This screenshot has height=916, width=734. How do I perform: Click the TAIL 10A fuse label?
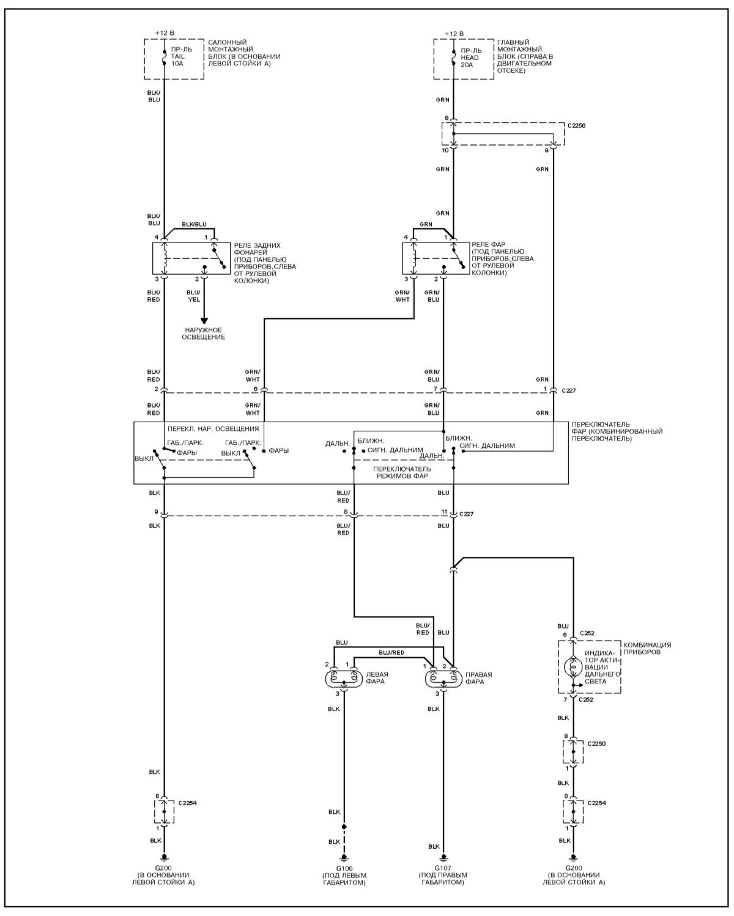[x=177, y=56]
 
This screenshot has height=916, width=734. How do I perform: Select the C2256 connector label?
[x=577, y=125]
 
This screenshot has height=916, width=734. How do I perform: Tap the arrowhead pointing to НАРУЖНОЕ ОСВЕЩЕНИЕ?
[x=204, y=320]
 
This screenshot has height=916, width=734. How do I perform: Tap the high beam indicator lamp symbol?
[x=573, y=668]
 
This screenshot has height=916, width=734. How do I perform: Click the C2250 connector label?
[x=596, y=743]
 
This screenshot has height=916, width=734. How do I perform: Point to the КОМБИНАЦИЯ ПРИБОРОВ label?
[x=647, y=649]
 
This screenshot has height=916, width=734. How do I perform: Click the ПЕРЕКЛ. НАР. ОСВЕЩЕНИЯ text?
[x=213, y=429]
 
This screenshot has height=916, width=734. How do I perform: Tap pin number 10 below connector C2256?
[x=445, y=150]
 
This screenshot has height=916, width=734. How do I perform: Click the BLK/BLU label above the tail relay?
[x=194, y=225]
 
